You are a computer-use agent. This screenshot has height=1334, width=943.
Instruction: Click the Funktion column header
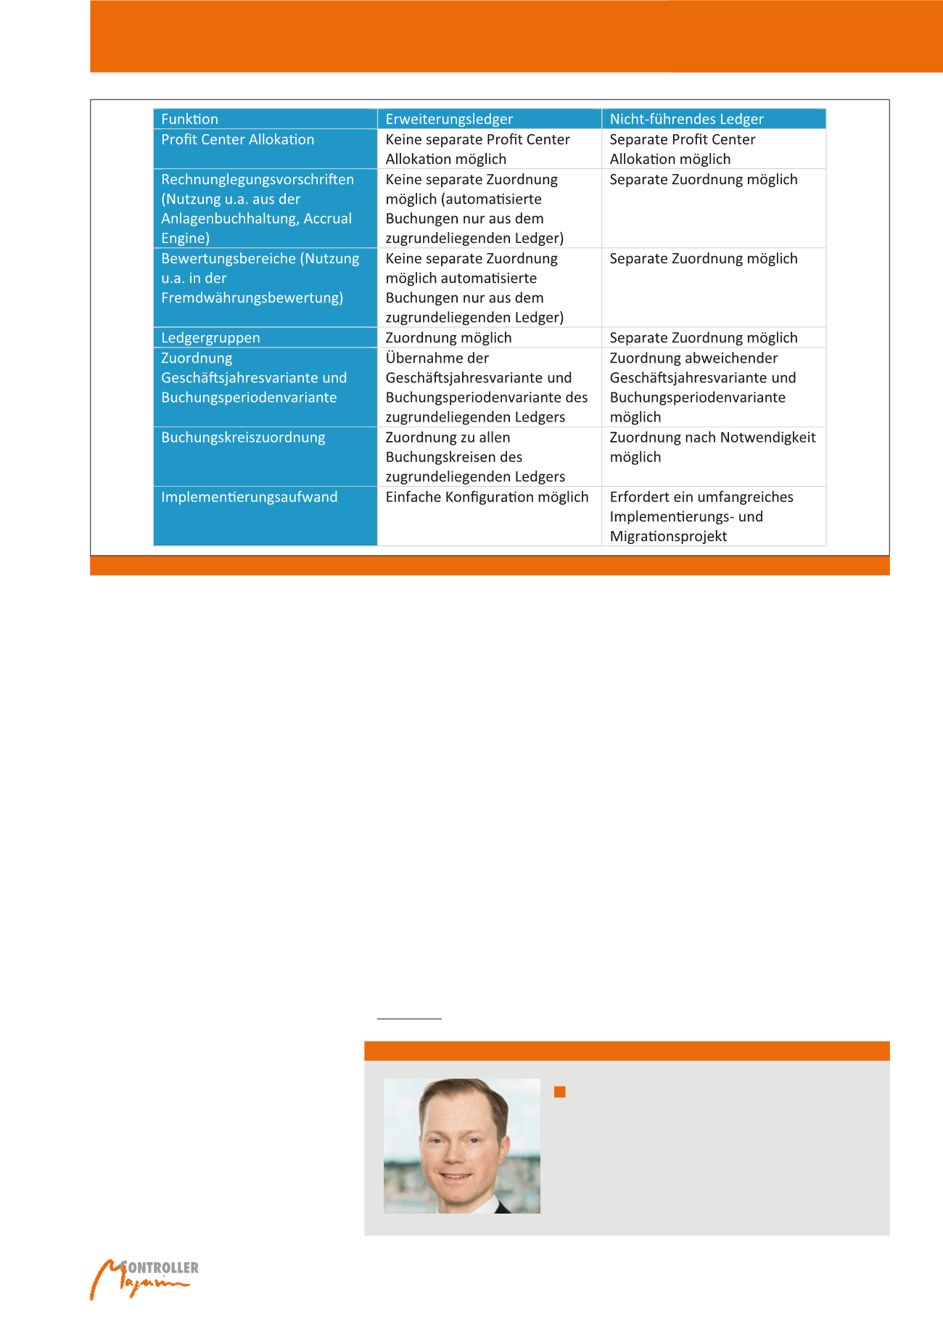tap(190, 119)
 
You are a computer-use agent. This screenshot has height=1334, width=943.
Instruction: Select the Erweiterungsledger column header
tap(449, 119)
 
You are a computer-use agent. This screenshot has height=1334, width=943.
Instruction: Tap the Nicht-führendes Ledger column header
tap(686, 119)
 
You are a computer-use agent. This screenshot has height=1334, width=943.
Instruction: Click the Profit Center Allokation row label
tap(238, 139)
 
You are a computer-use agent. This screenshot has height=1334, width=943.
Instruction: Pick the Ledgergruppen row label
tap(210, 337)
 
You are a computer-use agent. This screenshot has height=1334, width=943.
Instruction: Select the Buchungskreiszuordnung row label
tap(243, 437)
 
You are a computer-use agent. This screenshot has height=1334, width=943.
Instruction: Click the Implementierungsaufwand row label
tap(250, 497)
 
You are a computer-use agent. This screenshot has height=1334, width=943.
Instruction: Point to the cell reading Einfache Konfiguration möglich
tap(487, 497)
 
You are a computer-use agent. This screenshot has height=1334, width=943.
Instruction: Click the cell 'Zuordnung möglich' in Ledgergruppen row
tap(448, 337)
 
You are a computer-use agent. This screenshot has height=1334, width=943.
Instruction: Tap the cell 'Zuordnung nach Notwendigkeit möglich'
tap(712, 447)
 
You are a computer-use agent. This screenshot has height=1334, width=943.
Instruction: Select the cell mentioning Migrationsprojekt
tap(701, 516)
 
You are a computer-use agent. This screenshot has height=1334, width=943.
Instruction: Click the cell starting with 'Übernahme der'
tap(486, 387)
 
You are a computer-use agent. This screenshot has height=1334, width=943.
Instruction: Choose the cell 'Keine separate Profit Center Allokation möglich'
tap(477, 149)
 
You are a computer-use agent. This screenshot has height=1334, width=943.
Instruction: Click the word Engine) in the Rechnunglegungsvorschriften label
tap(185, 238)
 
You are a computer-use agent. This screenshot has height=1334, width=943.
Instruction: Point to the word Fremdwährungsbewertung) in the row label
tap(252, 297)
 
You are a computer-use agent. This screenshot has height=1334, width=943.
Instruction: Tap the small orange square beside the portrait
tap(559, 1092)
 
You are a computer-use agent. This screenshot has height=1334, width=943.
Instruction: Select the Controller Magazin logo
tap(144, 1279)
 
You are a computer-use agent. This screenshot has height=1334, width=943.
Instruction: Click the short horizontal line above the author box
tap(409, 1018)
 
